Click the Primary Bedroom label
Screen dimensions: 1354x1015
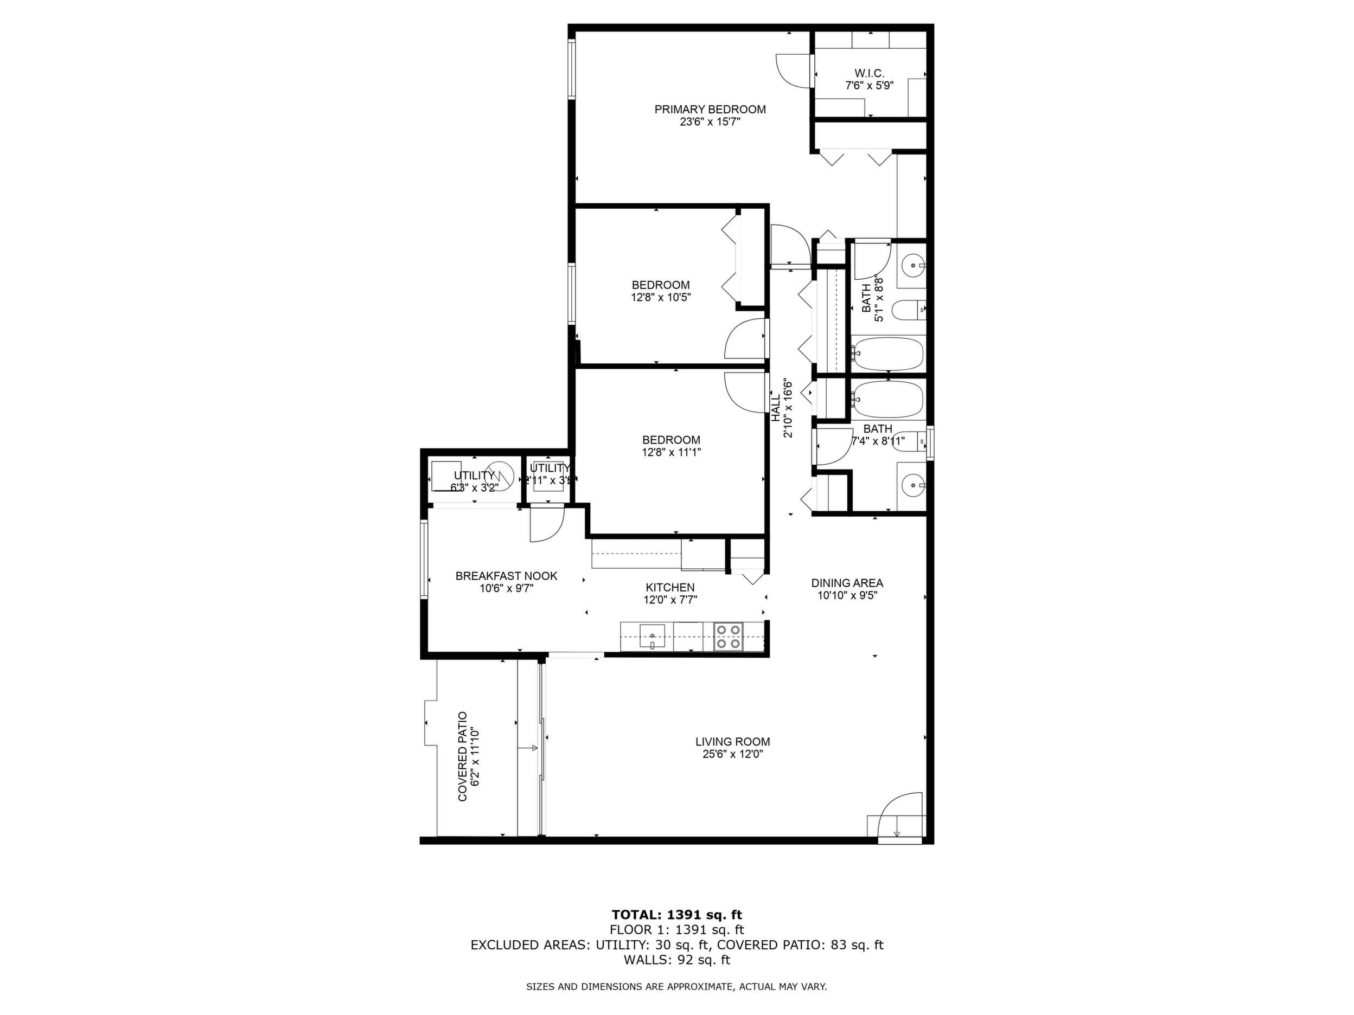click(710, 110)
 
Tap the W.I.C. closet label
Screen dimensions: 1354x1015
click(869, 73)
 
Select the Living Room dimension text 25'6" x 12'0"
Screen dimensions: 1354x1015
click(733, 754)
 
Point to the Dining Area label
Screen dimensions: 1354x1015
click(847, 583)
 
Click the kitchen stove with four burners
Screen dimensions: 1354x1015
click(729, 637)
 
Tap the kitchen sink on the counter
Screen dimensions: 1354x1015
click(652, 637)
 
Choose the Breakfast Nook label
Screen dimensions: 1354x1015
click(506, 576)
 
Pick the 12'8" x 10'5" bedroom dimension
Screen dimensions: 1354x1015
click(661, 297)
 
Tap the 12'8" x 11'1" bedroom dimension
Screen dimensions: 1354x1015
click(671, 453)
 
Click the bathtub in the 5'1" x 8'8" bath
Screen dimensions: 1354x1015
click(887, 354)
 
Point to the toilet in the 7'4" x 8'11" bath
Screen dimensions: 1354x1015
click(909, 440)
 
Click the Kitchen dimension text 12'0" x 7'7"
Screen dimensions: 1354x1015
click(670, 600)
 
